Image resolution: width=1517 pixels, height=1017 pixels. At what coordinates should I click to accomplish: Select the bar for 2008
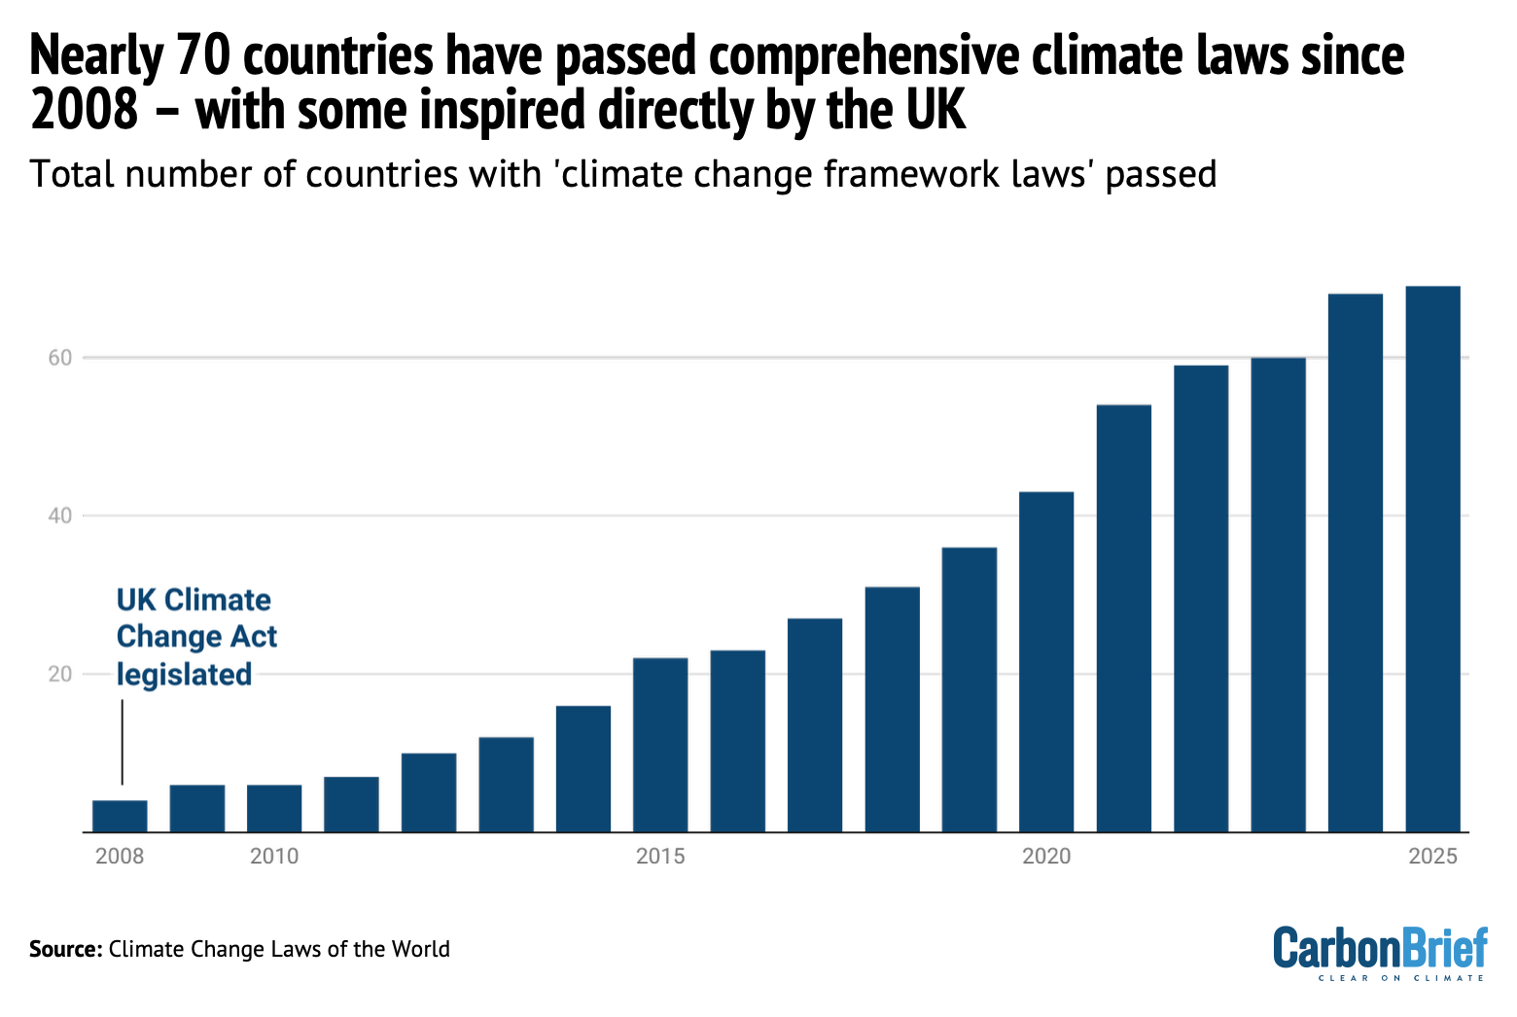tap(120, 816)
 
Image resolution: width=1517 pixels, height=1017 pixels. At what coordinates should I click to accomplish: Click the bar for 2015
tap(660, 745)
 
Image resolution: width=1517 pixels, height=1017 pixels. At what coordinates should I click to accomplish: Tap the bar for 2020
tap(1046, 662)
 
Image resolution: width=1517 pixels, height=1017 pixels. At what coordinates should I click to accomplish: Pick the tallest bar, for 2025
tap(1432, 559)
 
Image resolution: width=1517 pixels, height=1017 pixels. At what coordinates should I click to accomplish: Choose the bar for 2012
tap(429, 792)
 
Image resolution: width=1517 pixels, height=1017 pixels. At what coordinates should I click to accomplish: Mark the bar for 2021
tap(1124, 618)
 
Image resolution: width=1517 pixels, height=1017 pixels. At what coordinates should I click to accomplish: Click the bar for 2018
tap(892, 710)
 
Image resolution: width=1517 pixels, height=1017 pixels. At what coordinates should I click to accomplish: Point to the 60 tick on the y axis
tap(60, 358)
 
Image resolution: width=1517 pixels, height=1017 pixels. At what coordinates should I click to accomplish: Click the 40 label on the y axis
tap(60, 515)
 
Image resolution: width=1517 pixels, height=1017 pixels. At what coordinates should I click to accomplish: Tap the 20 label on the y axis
tap(60, 674)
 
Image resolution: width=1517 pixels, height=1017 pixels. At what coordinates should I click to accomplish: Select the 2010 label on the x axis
tap(274, 857)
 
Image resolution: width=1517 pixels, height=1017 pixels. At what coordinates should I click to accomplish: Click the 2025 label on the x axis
tap(1433, 857)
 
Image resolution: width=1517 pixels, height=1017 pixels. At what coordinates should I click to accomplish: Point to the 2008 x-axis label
tap(120, 857)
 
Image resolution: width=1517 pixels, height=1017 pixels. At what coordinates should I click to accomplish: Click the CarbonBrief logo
tap(1380, 951)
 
